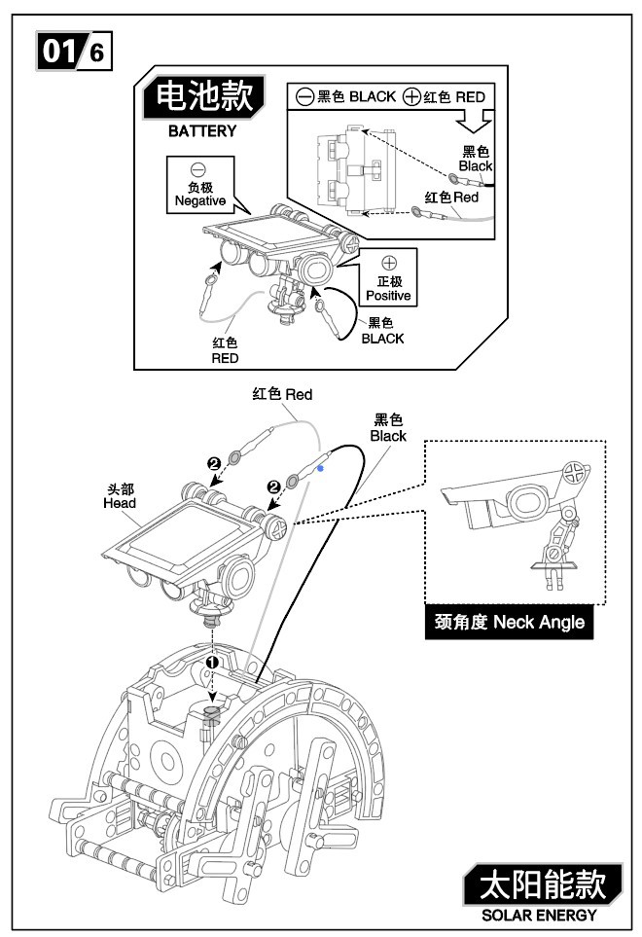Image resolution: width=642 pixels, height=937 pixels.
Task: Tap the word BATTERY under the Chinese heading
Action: pyautogui.click(x=201, y=131)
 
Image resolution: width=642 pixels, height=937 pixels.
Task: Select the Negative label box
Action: pyautogui.click(x=198, y=186)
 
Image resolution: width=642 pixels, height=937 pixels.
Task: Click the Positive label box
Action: pyautogui.click(x=388, y=277)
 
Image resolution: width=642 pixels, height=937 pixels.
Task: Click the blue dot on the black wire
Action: pyautogui.click(x=320, y=468)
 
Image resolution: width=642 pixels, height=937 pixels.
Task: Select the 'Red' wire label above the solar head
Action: pyautogui.click(x=282, y=394)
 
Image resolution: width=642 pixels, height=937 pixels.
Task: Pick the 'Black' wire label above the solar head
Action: pyautogui.click(x=388, y=428)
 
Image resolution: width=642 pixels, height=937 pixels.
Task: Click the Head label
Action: pyautogui.click(x=120, y=497)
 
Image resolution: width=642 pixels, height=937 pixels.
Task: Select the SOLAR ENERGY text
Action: pyautogui.click(x=540, y=916)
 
